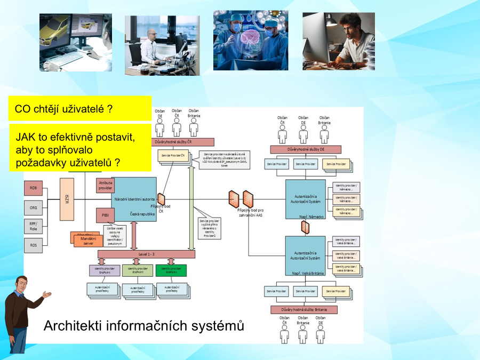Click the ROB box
tap(33, 188)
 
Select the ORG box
tap(33, 207)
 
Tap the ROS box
tap(33, 245)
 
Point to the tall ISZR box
tap(67, 199)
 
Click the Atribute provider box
tap(105, 185)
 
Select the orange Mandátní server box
tap(88, 241)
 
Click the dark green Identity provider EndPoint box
tap(171, 270)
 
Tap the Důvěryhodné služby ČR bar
tap(184, 142)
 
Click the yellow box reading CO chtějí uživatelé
tap(80, 109)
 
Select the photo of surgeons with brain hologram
tap(251, 40)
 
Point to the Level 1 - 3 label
tap(146, 254)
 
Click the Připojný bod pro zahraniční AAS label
tap(250, 212)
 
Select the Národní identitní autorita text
tap(134, 199)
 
